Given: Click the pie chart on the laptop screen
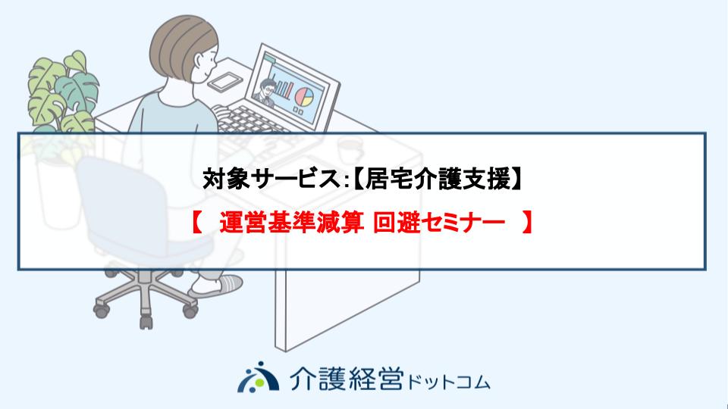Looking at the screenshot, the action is [x=305, y=97].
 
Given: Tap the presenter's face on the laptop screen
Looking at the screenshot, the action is [x=268, y=88].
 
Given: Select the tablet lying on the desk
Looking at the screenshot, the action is [x=225, y=82].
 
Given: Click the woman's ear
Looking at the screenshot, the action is [x=199, y=61].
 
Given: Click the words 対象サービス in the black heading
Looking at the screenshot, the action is [x=272, y=180].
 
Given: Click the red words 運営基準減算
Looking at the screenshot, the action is [x=291, y=223].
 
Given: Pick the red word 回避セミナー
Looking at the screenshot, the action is [x=439, y=223].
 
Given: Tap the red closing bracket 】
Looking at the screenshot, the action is [x=526, y=223].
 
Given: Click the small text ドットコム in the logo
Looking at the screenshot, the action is [x=449, y=382].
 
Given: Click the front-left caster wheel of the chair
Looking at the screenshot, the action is [x=101, y=310].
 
